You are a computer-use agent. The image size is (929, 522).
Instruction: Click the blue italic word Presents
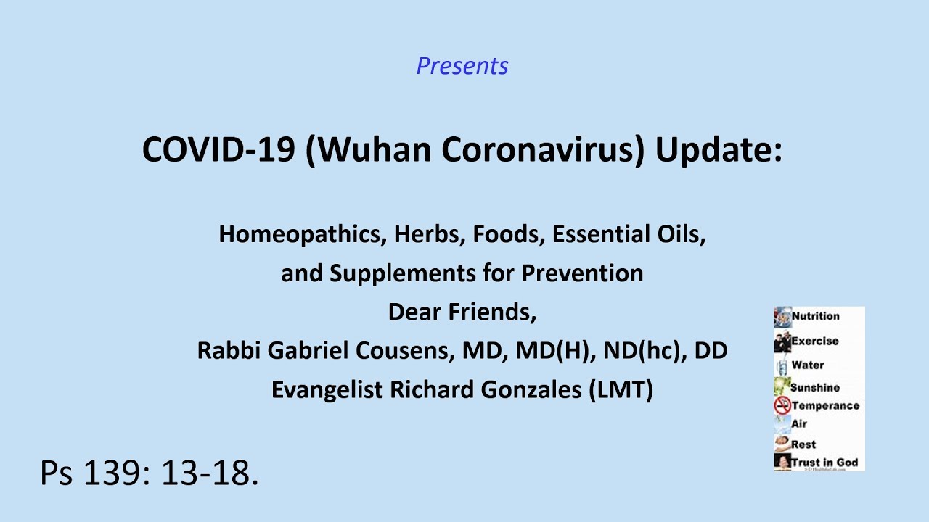pyautogui.click(x=462, y=66)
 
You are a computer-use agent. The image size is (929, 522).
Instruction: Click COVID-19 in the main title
pyautogui.click(x=218, y=149)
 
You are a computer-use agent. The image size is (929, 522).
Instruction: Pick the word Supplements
pyautogui.click(x=403, y=274)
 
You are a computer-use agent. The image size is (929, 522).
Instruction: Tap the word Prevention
pyautogui.click(x=582, y=273)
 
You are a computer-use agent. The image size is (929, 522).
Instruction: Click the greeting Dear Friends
pyautogui.click(x=462, y=312)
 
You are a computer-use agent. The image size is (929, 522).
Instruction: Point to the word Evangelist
pyautogui.click(x=327, y=390)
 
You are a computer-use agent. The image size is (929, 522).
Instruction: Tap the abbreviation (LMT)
pyautogui.click(x=621, y=390)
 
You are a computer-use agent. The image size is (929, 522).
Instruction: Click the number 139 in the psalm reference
pyautogui.click(x=111, y=473)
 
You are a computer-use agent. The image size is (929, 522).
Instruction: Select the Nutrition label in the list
pyautogui.click(x=815, y=316)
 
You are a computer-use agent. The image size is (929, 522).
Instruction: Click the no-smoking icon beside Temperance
pyautogui.click(x=782, y=405)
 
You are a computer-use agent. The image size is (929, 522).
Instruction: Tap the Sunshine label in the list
pyautogui.click(x=815, y=388)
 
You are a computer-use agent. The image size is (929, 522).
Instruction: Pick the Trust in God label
pyautogui.click(x=824, y=463)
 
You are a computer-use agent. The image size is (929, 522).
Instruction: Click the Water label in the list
pyautogui.click(x=808, y=365)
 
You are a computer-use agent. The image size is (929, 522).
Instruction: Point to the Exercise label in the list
pyautogui.click(x=815, y=341)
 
